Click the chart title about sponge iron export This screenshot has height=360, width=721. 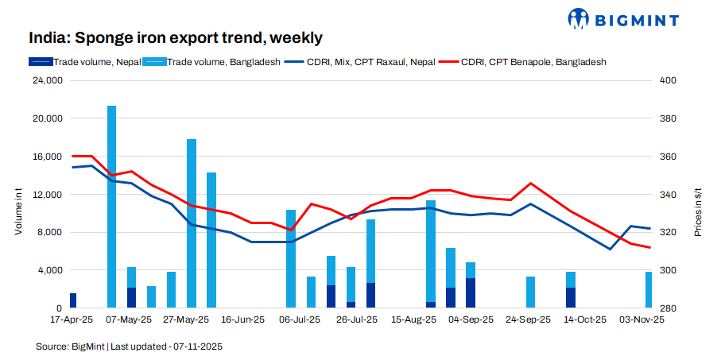[x=176, y=38]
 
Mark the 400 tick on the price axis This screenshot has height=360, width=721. [x=669, y=80]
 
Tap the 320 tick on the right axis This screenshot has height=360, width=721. [x=669, y=233]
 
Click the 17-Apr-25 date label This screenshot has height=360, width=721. [x=72, y=319]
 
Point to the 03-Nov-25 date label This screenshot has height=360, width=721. [x=643, y=319]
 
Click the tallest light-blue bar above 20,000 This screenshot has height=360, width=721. [x=112, y=207]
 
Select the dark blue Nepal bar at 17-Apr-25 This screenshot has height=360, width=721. [x=73, y=300]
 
